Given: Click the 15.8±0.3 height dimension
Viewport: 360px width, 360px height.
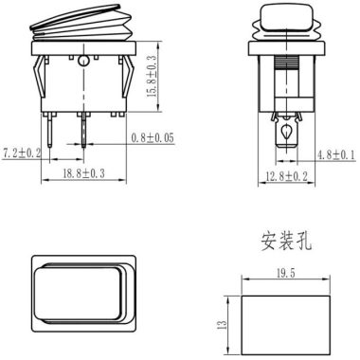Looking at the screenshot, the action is pyautogui.click(x=152, y=76).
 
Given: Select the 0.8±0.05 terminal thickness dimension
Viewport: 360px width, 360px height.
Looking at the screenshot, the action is pyautogui.click(x=153, y=138).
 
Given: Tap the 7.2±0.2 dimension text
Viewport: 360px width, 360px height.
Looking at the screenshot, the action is pyautogui.click(x=22, y=153).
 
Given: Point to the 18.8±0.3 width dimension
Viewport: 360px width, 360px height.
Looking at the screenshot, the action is pyautogui.click(x=83, y=173).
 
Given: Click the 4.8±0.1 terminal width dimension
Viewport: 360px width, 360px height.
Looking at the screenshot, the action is pyautogui.click(x=336, y=155).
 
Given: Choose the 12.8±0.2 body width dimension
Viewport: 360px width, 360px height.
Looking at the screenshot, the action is pyautogui.click(x=286, y=176).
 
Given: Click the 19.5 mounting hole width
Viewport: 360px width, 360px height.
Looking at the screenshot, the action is pyautogui.click(x=286, y=274).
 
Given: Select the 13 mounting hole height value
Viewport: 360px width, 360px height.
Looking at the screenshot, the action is pyautogui.click(x=223, y=325).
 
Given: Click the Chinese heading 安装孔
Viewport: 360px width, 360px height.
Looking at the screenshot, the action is pyautogui.click(x=286, y=242).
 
